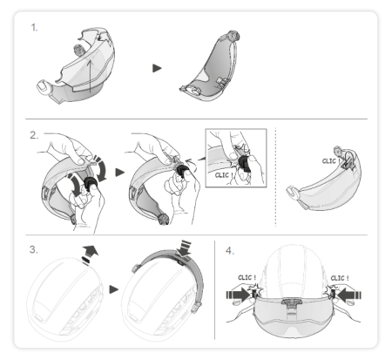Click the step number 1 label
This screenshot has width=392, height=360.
tap(34, 28)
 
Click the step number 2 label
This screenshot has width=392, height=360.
tap(34, 135)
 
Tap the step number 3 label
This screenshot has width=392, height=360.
tap(33, 249)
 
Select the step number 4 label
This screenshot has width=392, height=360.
tap(230, 250)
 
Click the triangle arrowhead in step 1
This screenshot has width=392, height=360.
tap(157, 68)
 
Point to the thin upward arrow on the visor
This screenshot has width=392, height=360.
tap(91, 76)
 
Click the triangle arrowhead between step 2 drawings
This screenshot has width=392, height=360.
tap(119, 173)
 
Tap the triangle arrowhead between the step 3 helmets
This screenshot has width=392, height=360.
tap(114, 289)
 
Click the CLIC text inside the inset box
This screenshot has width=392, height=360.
tap(224, 175)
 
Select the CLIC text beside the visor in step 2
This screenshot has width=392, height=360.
tap(330, 161)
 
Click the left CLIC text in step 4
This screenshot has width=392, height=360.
tap(247, 278)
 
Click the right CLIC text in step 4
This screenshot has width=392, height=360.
tap(340, 278)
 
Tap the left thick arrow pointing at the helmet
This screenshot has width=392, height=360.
tap(238, 295)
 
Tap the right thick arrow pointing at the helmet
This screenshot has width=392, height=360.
tap(349, 295)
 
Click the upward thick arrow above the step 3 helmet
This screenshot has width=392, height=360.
tap(90, 254)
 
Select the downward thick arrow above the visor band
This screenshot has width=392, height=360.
tap(184, 248)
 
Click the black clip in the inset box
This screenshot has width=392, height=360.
tap(245, 164)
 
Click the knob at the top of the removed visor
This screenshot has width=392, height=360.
tap(234, 36)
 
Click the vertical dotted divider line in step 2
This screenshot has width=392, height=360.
tap(275, 177)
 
